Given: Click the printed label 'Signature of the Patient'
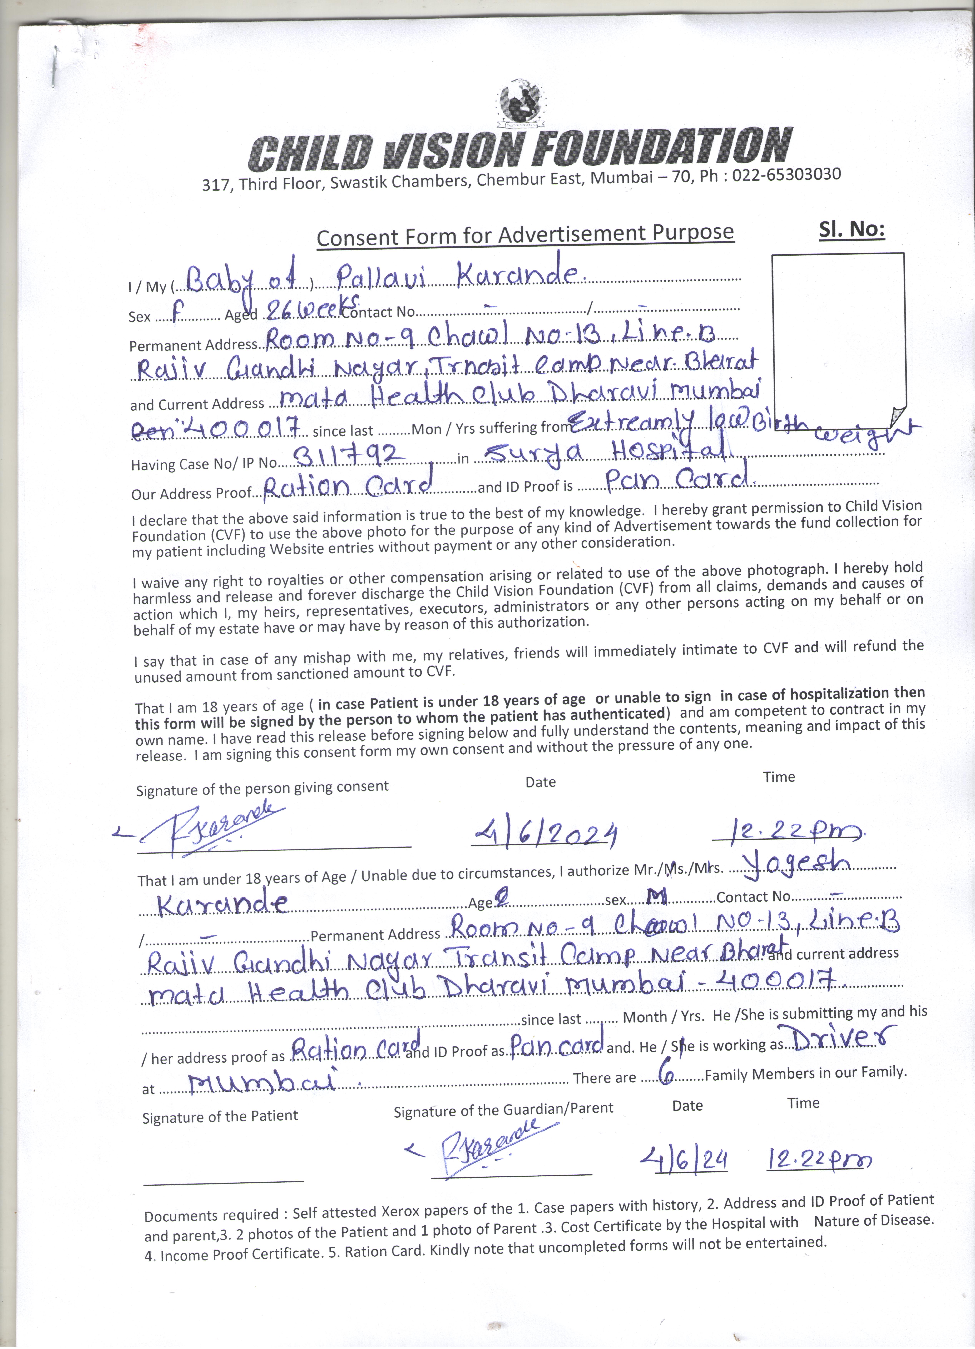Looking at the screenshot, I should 220,1116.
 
